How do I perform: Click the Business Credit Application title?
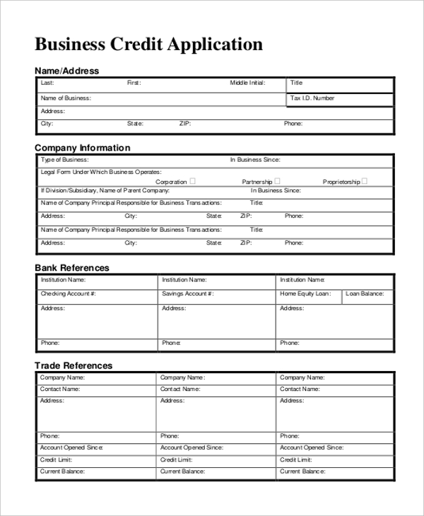(x=149, y=45)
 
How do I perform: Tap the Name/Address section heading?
(x=67, y=71)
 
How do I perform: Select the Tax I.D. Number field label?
(x=312, y=98)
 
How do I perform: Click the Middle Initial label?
(x=247, y=83)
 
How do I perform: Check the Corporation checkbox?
(x=193, y=181)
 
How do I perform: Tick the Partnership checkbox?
(x=277, y=181)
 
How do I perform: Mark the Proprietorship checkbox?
(x=364, y=181)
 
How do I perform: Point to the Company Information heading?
(x=83, y=148)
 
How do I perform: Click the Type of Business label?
(x=64, y=160)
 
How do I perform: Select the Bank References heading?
(x=72, y=268)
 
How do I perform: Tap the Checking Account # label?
(x=68, y=293)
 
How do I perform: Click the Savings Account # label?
(x=188, y=293)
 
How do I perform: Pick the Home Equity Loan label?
(x=305, y=293)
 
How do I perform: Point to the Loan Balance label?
(x=365, y=293)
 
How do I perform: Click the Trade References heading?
(x=73, y=365)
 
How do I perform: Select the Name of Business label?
(x=66, y=98)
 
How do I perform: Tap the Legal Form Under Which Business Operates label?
(x=101, y=172)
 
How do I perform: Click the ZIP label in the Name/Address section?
(x=185, y=124)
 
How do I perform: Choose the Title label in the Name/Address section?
(x=297, y=83)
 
